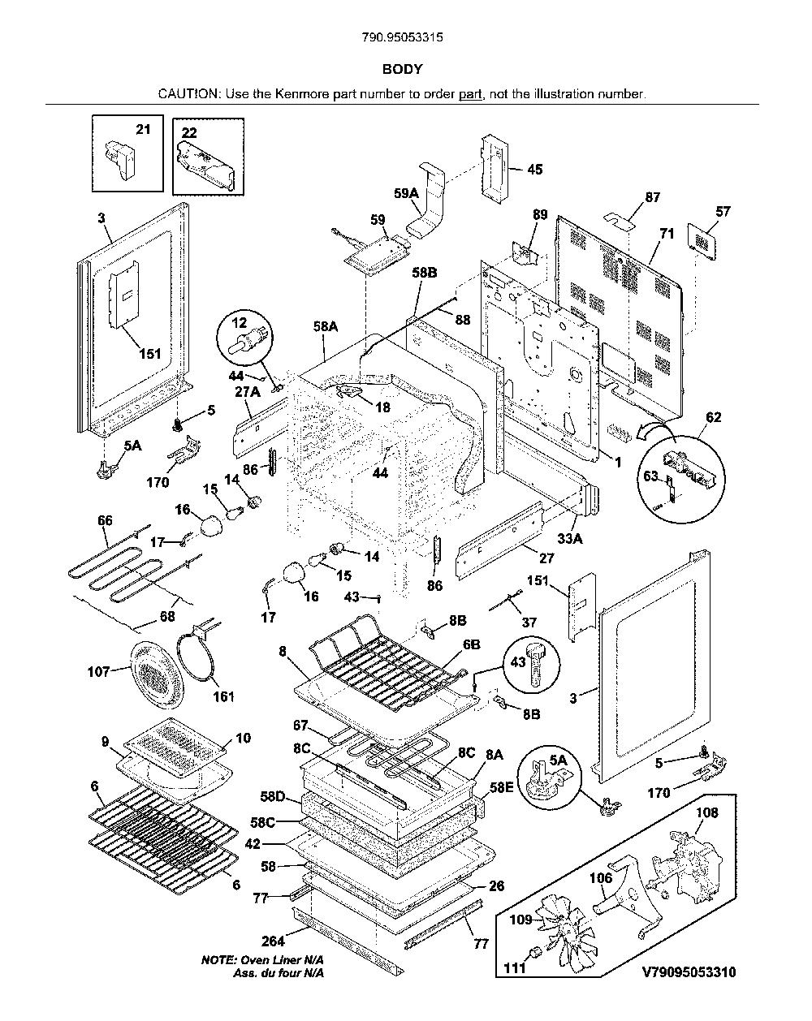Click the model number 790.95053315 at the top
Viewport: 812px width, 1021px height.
(x=402, y=37)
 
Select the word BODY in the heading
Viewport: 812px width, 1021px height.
(x=402, y=69)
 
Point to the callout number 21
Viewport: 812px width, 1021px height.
(x=143, y=129)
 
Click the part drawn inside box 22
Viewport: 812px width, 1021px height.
(x=206, y=164)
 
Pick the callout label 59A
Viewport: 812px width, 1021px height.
(x=407, y=193)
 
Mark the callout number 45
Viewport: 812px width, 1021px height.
(x=534, y=170)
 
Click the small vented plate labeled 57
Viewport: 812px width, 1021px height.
(x=702, y=242)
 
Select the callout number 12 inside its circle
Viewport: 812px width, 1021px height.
(x=240, y=323)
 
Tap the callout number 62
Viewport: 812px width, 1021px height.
(x=713, y=417)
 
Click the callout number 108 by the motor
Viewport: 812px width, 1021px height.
(x=707, y=812)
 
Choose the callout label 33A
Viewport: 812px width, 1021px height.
(x=570, y=538)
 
